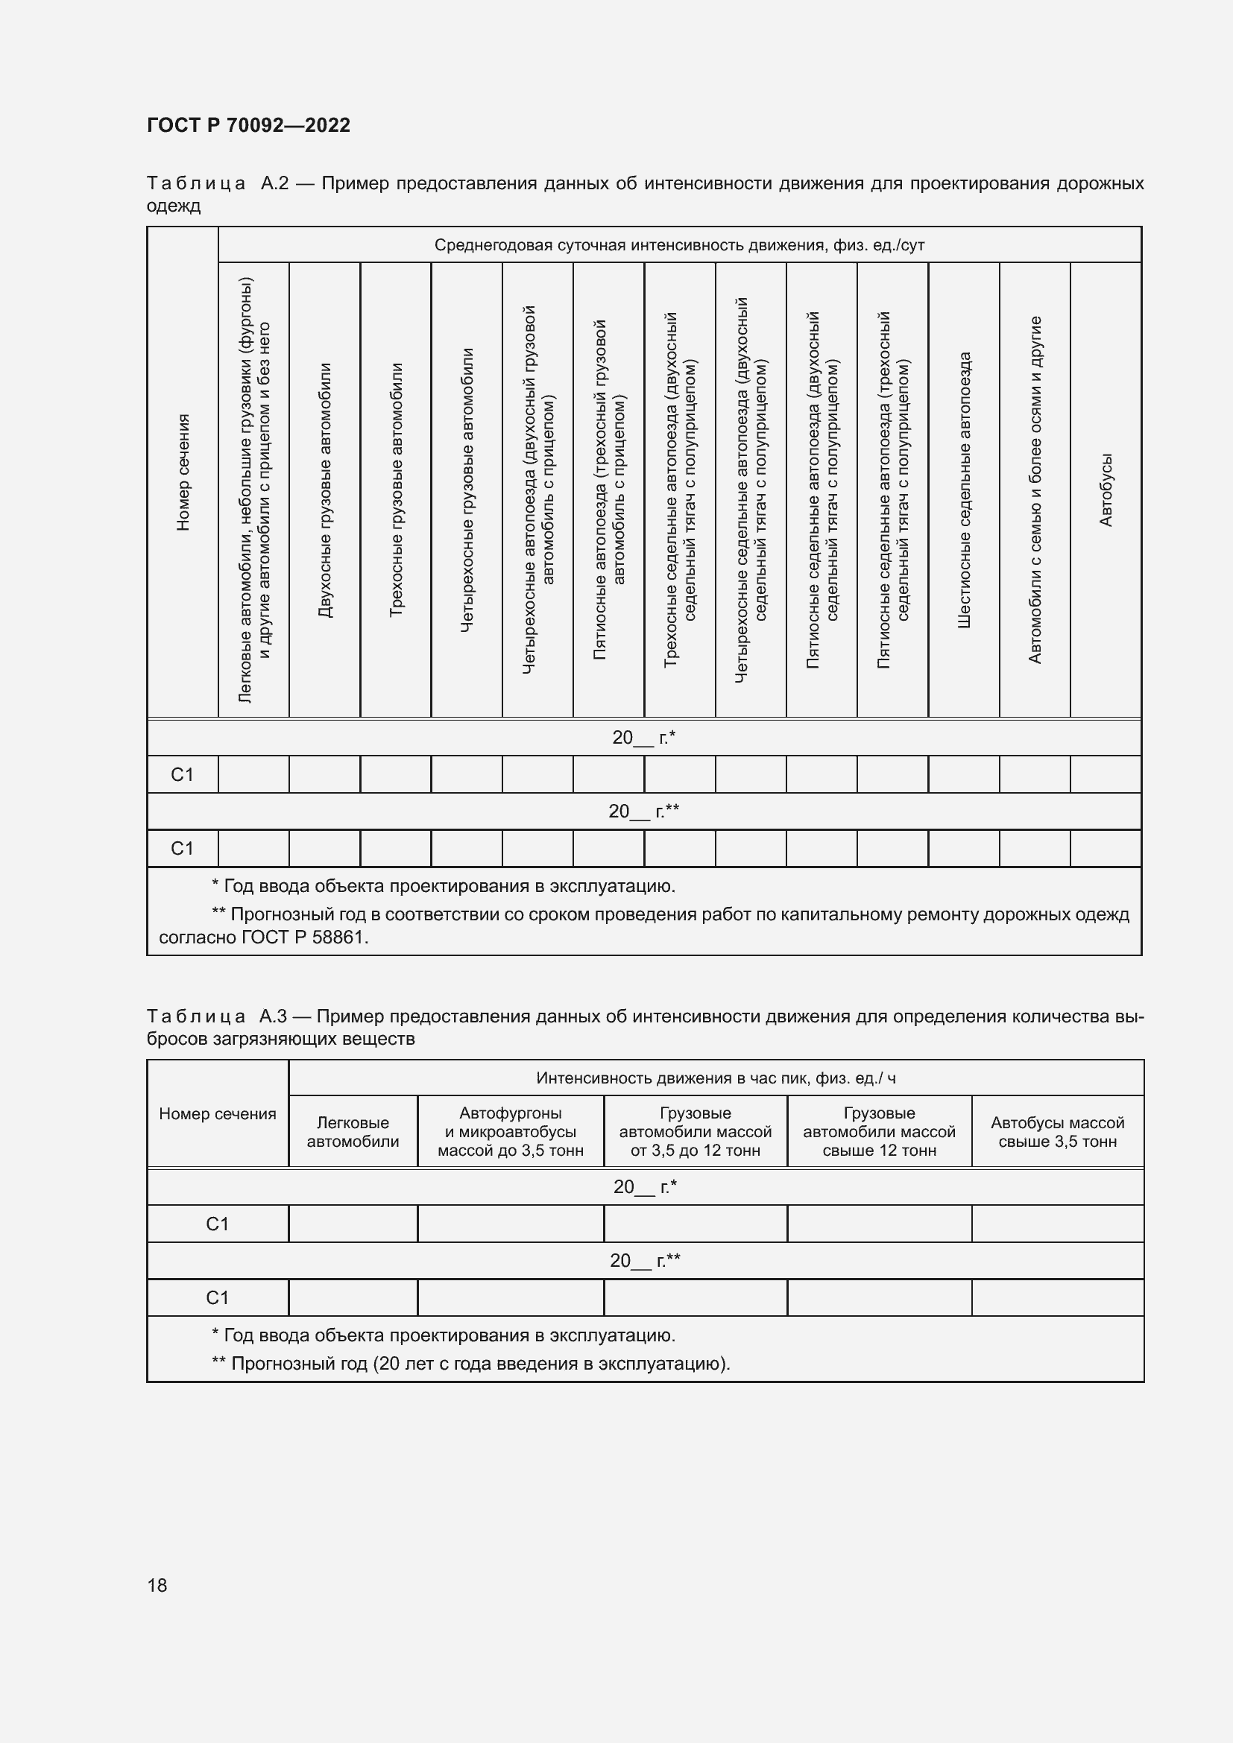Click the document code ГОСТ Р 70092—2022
click(x=248, y=125)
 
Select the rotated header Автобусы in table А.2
click(x=1106, y=490)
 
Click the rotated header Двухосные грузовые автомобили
click(x=325, y=490)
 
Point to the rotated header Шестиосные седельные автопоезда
click(x=963, y=490)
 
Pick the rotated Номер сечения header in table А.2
click(x=183, y=472)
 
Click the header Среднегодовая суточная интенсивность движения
click(x=679, y=245)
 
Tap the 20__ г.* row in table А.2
click(x=643, y=737)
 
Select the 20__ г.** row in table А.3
click(x=645, y=1261)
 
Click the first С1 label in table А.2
click(x=182, y=774)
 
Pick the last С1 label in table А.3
click(x=217, y=1297)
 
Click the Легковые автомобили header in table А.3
click(x=353, y=1132)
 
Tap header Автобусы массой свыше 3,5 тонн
click(x=1057, y=1132)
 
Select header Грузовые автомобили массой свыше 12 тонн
click(x=878, y=1132)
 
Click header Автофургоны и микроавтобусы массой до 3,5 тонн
click(x=510, y=1132)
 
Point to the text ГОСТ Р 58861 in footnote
click(x=302, y=937)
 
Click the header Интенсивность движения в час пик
click(x=715, y=1078)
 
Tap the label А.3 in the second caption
click(x=273, y=1016)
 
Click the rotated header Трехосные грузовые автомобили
click(x=396, y=490)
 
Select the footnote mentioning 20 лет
click(x=470, y=1364)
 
